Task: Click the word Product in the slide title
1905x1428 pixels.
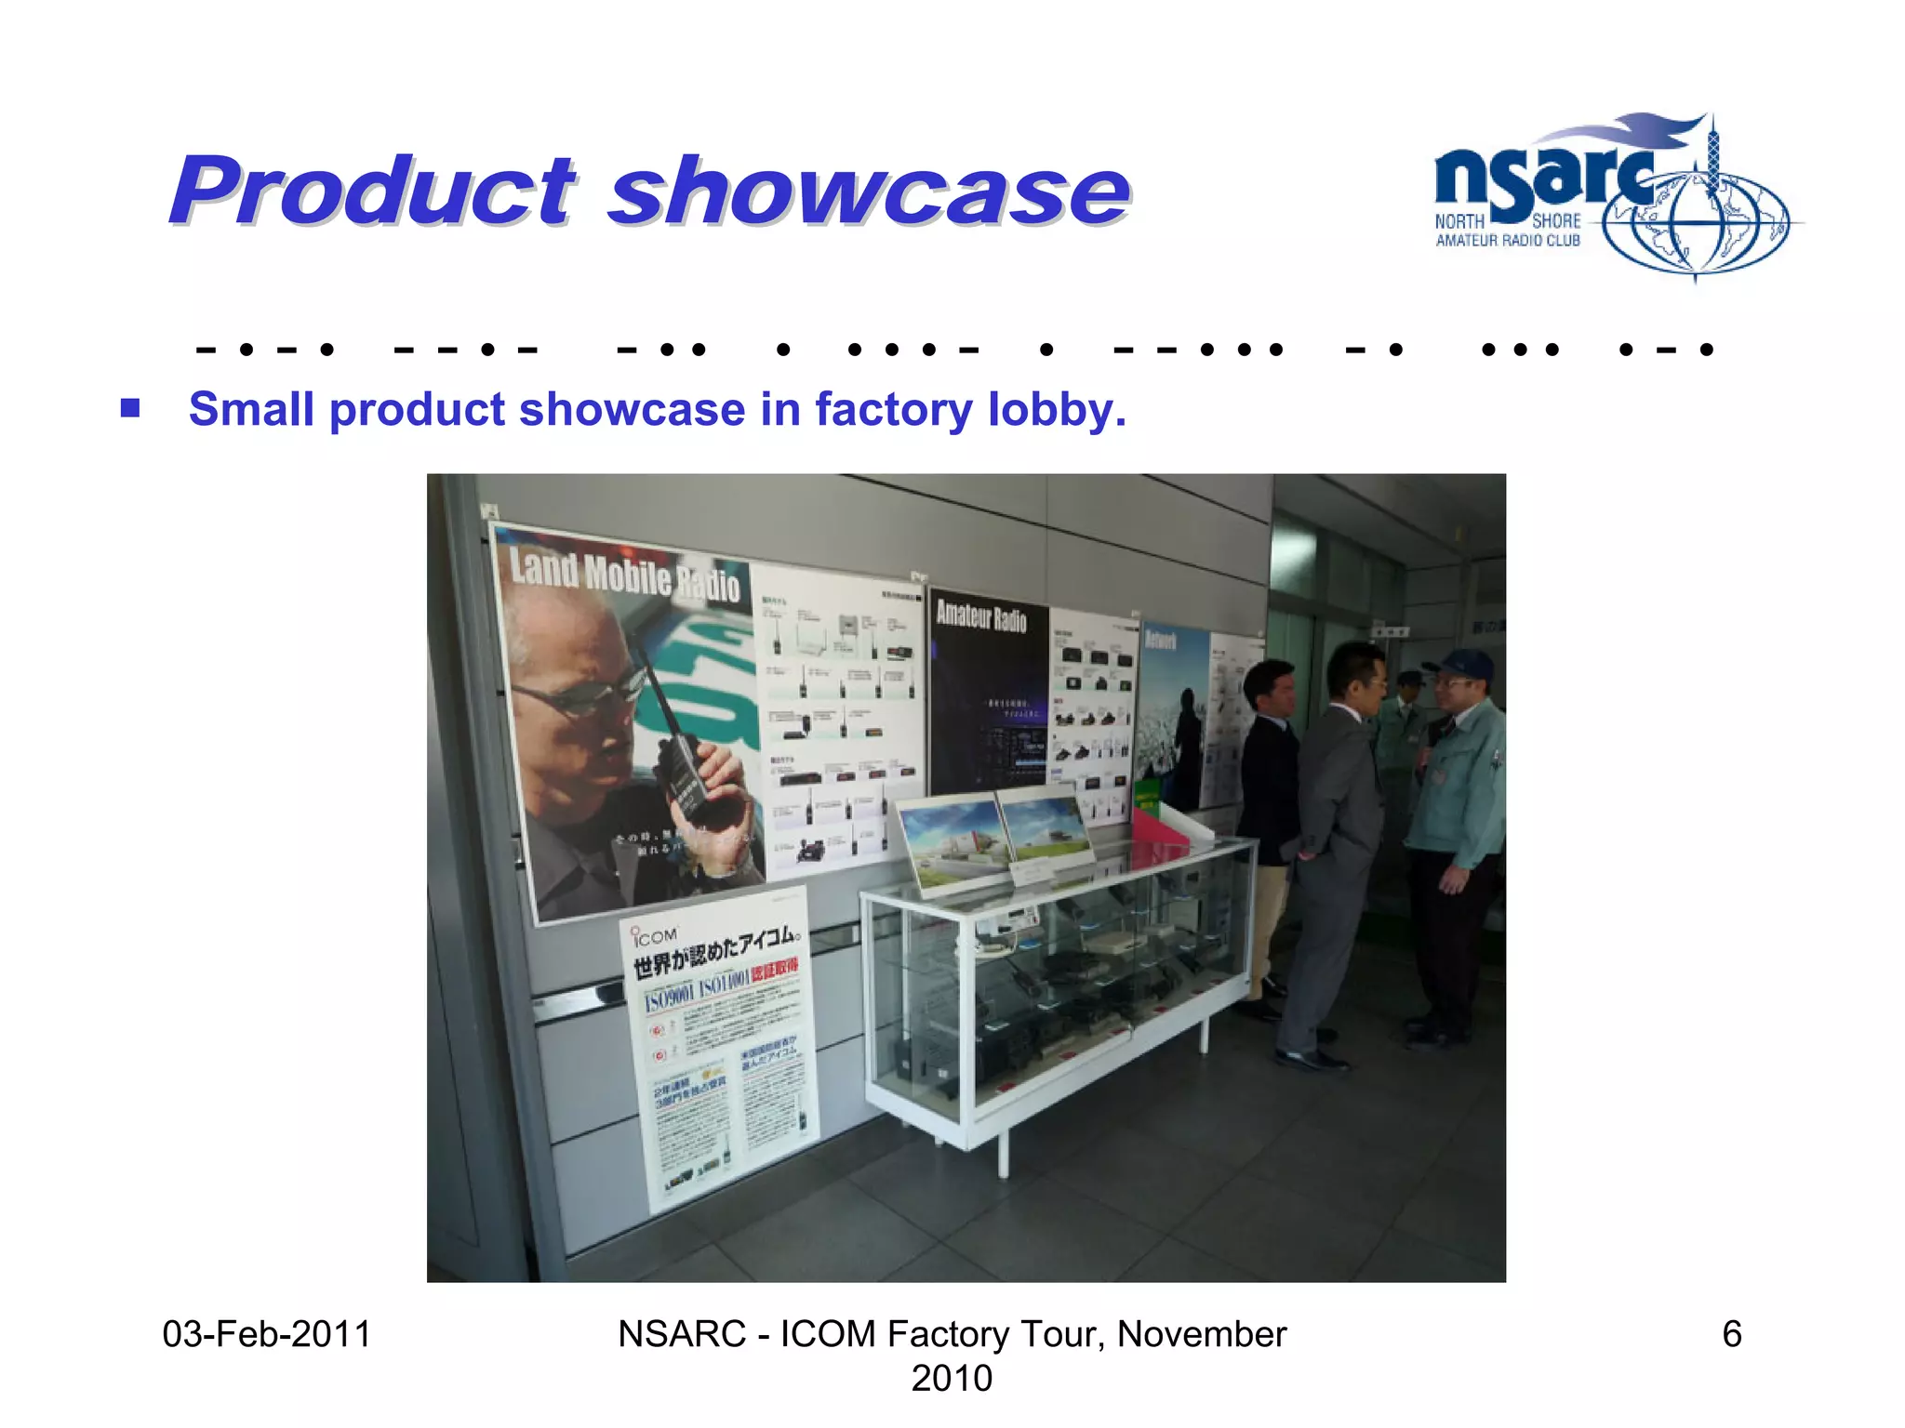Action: point(372,192)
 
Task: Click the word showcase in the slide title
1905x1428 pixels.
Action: point(869,192)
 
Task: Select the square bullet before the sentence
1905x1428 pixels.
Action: point(130,408)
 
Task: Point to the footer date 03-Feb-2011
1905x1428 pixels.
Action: point(266,1334)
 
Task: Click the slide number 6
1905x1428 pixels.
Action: point(1731,1334)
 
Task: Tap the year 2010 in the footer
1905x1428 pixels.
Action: point(952,1378)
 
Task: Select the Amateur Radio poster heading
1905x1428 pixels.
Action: point(981,615)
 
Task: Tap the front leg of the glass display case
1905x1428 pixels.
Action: point(1003,1153)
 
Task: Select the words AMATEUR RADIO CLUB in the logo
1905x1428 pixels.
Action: point(1508,241)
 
